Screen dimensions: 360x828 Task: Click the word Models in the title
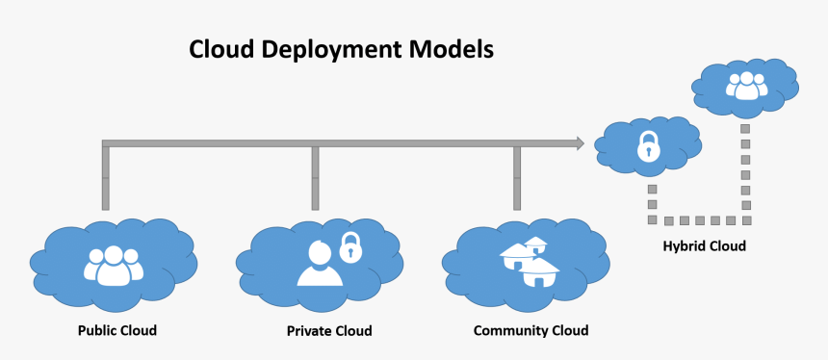pos(455,49)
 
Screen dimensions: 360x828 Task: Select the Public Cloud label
pos(116,330)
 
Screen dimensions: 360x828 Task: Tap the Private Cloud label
pos(328,331)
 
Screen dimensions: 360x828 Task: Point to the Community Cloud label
pos(530,330)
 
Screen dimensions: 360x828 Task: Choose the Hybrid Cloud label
pos(704,246)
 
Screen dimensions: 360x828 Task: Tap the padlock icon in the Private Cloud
pos(351,247)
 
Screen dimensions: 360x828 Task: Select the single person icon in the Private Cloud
pos(320,265)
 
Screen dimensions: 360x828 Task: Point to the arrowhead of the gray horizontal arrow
pos(578,143)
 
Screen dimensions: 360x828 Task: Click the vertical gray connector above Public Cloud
pos(105,177)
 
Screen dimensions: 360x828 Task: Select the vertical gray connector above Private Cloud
pos(315,177)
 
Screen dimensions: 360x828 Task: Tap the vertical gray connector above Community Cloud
pos(517,177)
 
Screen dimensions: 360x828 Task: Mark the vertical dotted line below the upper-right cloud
pos(744,164)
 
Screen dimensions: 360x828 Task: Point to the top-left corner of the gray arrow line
pos(103,141)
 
